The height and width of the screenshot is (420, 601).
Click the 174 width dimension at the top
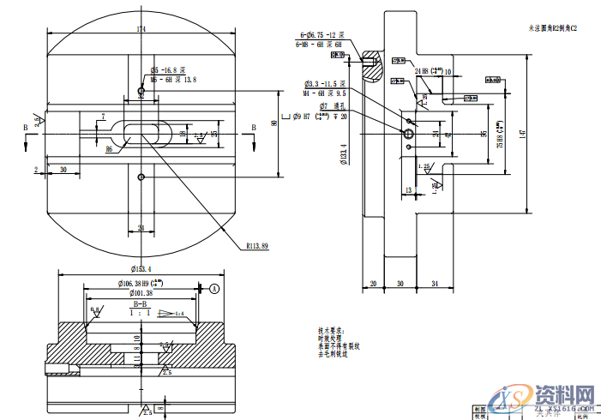141,29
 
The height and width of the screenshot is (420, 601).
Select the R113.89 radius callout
257,246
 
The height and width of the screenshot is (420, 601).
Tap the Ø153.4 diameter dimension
141,269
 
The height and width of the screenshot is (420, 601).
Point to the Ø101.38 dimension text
135,293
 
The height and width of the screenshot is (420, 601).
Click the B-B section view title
140,304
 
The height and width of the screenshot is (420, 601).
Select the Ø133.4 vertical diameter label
343,153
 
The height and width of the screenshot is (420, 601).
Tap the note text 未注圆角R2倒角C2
555,28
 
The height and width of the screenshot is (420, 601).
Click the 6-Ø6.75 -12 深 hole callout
319,34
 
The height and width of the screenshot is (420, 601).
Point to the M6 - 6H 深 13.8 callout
173,78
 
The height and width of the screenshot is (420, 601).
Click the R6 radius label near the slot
109,149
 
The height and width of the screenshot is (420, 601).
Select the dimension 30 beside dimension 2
64,170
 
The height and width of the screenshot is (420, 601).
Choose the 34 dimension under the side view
435,283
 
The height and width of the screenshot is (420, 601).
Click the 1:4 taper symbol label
179,314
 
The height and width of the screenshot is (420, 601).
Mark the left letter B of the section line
26,127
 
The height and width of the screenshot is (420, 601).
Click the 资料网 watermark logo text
565,395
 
